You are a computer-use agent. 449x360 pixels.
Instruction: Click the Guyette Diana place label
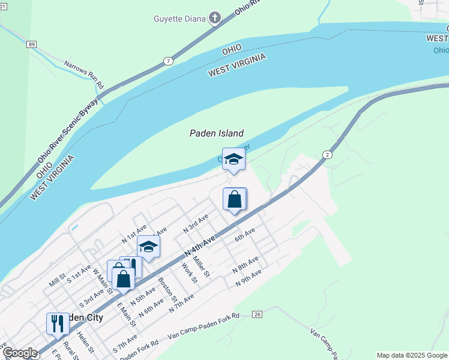[x=179, y=19]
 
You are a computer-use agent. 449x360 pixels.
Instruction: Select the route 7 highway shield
[x=169, y=61]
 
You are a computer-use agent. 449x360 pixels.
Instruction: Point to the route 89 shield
[x=32, y=44]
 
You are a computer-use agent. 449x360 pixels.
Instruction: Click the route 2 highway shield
[x=327, y=154]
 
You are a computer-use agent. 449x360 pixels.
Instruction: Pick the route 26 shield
[x=258, y=314]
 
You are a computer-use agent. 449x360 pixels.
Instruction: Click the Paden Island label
[x=217, y=134]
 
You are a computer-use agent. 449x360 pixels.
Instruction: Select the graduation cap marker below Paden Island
[x=234, y=160]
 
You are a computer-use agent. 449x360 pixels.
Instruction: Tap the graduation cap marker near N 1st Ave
[x=148, y=246]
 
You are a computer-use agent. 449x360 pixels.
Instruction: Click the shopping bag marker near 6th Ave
[x=235, y=199]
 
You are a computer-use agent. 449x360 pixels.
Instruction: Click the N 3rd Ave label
[x=196, y=223]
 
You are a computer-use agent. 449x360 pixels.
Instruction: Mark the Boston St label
[x=168, y=289]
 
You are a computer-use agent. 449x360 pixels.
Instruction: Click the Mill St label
[x=58, y=280]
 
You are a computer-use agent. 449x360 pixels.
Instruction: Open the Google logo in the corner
[x=20, y=353]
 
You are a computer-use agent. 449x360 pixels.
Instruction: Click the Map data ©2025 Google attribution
[x=412, y=355]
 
